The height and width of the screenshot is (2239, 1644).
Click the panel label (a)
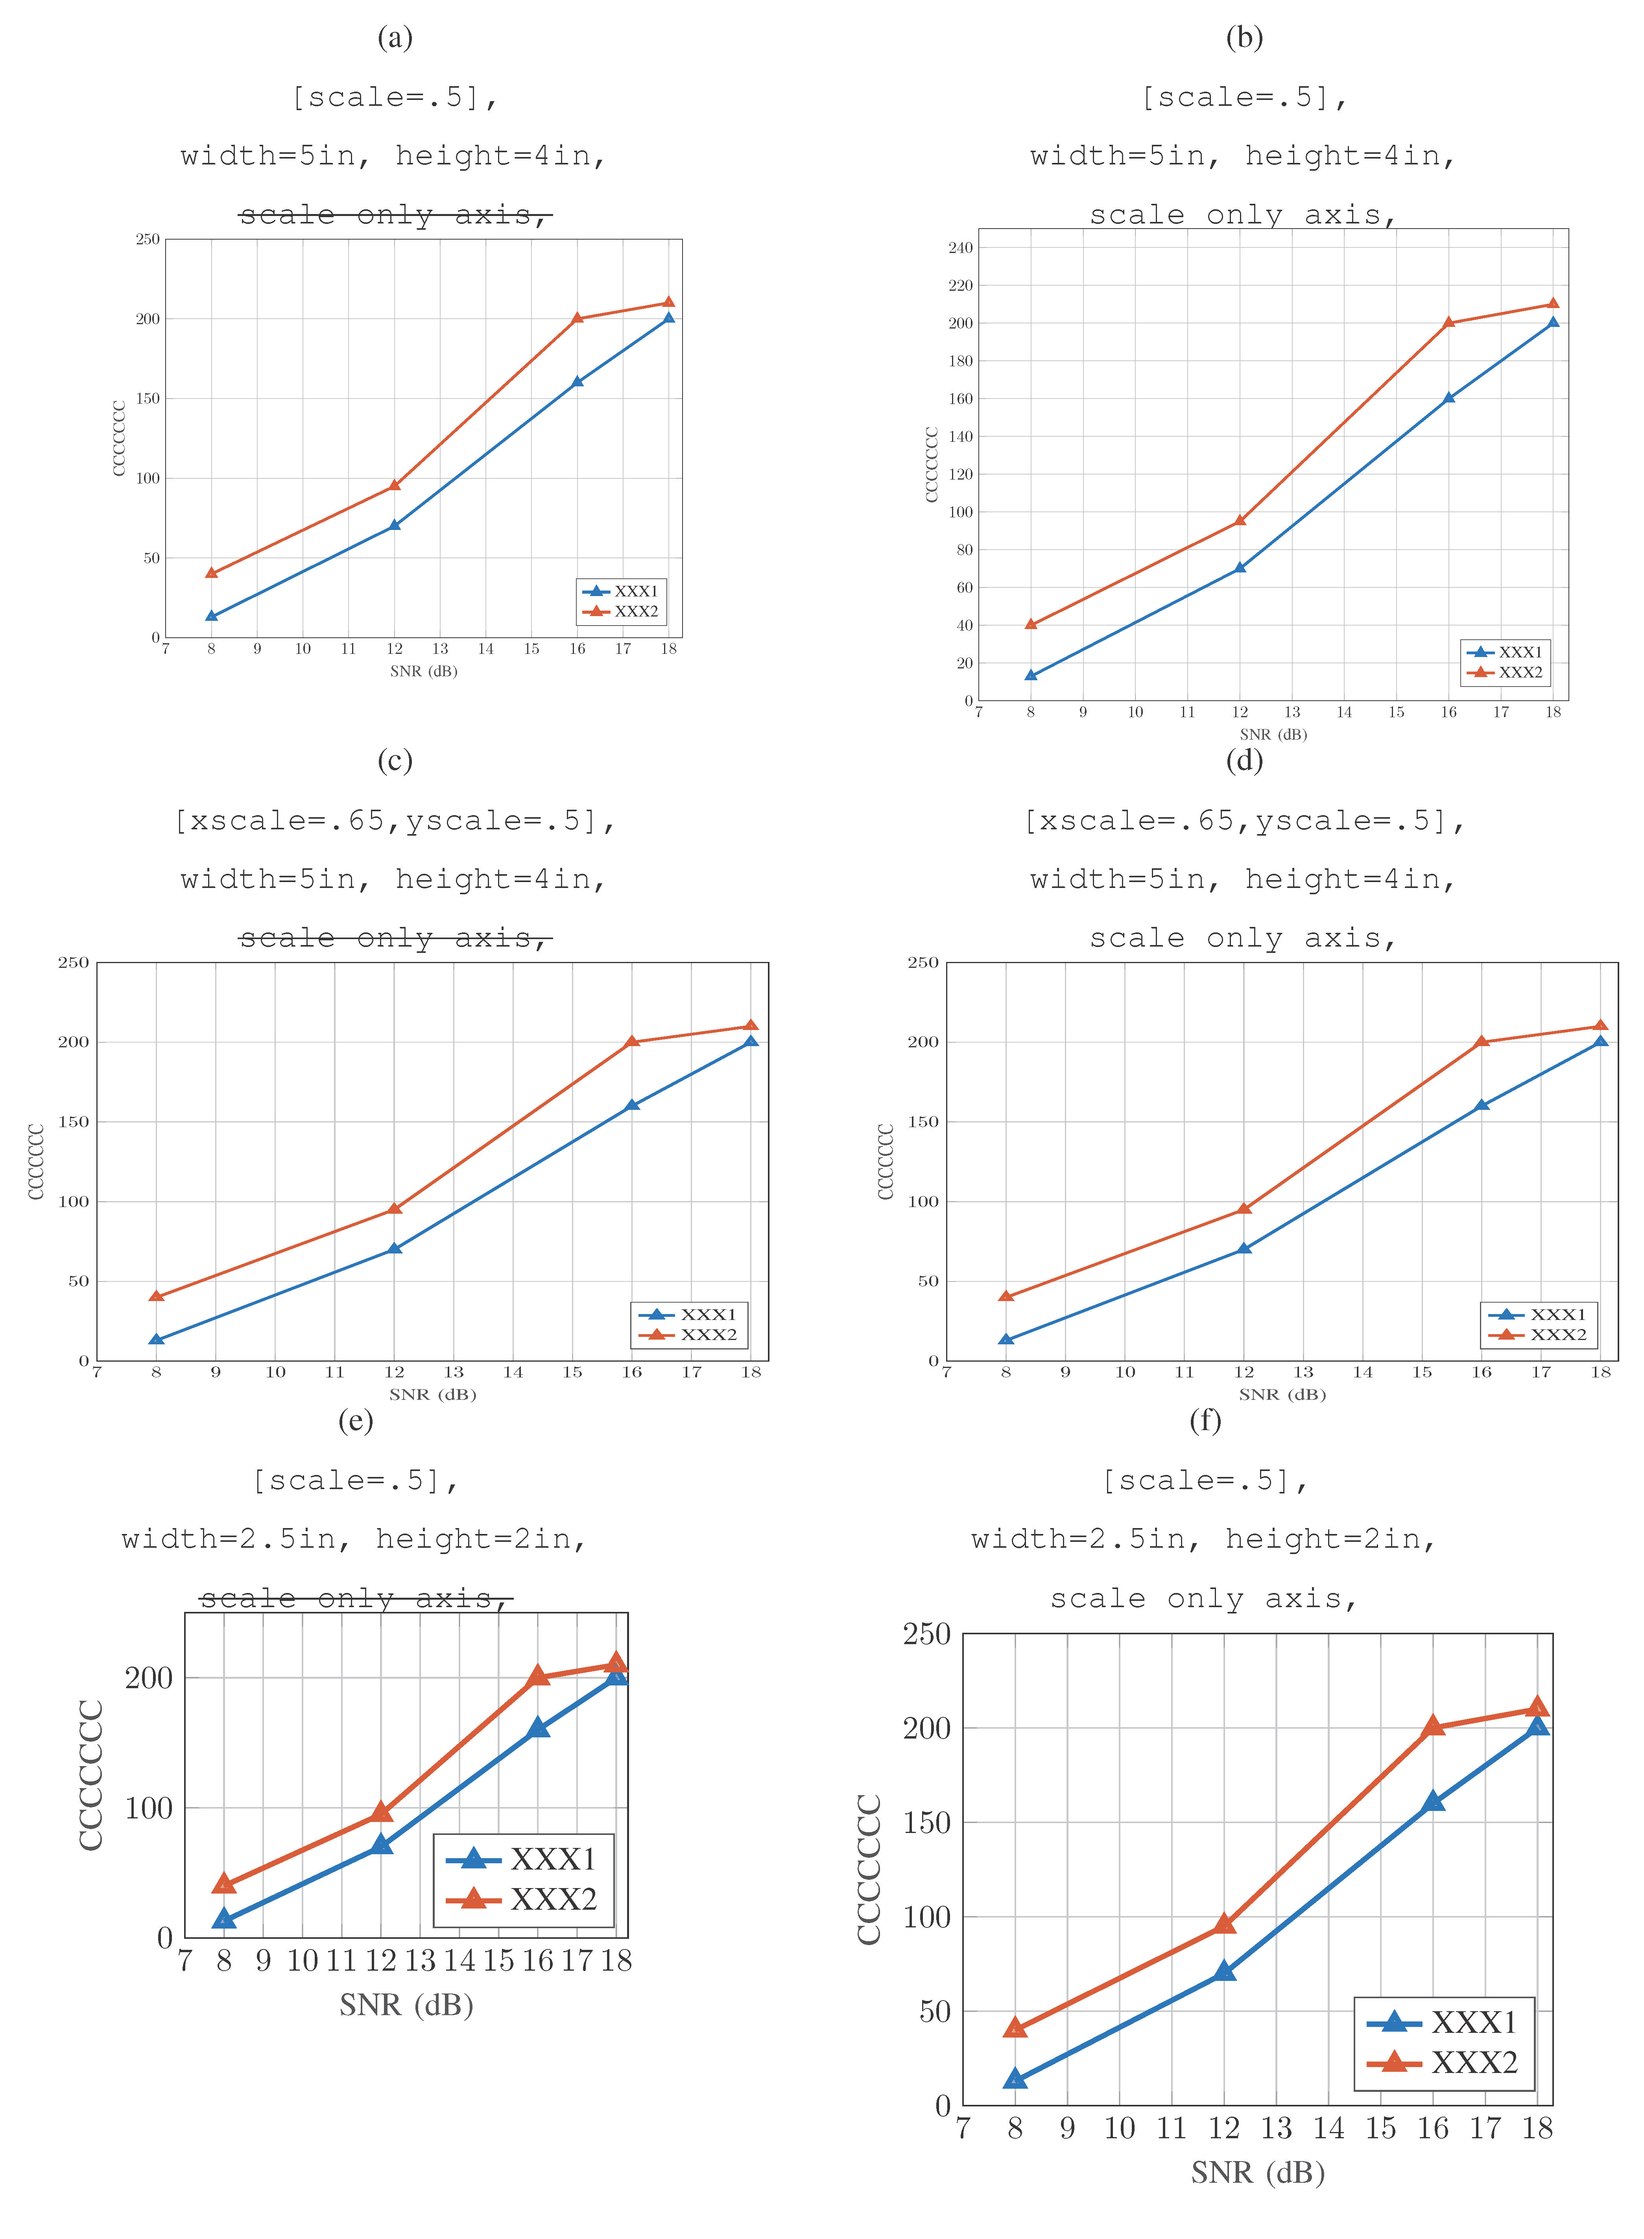pos(395,38)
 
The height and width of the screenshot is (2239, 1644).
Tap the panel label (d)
pos(1244,761)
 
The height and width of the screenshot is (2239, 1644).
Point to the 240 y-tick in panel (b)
pos(960,248)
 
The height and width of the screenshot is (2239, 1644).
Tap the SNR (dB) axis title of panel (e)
pos(406,2004)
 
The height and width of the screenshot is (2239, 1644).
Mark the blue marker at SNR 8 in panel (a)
pos(211,616)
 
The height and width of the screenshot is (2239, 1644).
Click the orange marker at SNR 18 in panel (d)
pos(1600,1026)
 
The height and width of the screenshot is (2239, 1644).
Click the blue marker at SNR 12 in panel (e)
pos(381,1844)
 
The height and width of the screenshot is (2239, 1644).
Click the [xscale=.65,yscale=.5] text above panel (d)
pos(1244,821)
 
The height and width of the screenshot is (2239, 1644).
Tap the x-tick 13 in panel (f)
pos(1277,2128)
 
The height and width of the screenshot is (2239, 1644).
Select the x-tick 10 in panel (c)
pos(276,1372)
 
